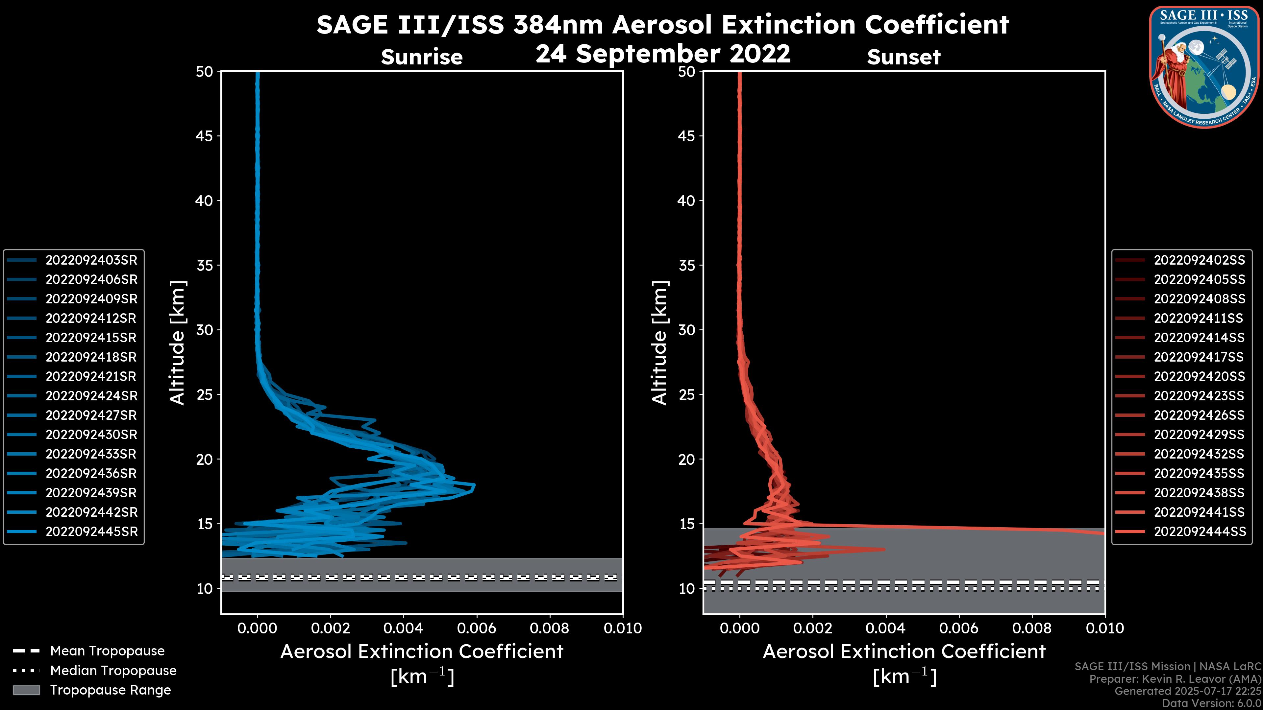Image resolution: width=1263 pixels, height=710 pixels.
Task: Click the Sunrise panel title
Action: click(x=422, y=57)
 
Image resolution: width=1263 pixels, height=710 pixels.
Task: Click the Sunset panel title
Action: click(x=904, y=57)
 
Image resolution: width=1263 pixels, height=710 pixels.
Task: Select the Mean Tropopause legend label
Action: click(x=107, y=651)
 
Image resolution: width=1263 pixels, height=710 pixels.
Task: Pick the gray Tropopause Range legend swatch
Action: click(x=26, y=690)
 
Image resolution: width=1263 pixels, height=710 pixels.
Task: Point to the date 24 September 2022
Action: click(x=663, y=54)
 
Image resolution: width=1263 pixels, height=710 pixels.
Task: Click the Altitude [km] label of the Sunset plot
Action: click(x=659, y=343)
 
